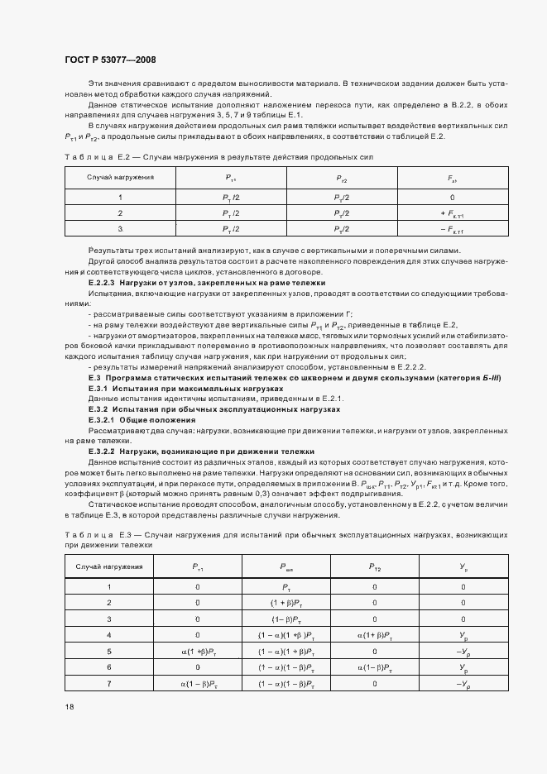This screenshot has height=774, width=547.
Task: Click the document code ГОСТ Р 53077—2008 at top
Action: click(x=109, y=60)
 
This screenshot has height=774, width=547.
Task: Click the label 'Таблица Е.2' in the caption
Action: click(x=94, y=155)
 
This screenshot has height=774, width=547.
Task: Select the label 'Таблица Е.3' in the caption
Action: click(x=94, y=537)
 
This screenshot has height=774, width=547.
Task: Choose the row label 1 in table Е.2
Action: click(x=121, y=198)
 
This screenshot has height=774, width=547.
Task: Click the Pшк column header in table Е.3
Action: click(x=286, y=567)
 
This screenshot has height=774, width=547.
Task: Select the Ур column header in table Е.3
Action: click(x=463, y=567)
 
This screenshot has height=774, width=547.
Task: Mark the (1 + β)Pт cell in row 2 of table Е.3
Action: click(x=286, y=603)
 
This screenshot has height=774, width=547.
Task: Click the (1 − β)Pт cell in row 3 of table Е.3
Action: click(x=286, y=619)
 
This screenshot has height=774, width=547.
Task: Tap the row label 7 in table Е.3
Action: click(x=109, y=682)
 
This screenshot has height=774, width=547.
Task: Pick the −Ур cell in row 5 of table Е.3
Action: click(x=463, y=650)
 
